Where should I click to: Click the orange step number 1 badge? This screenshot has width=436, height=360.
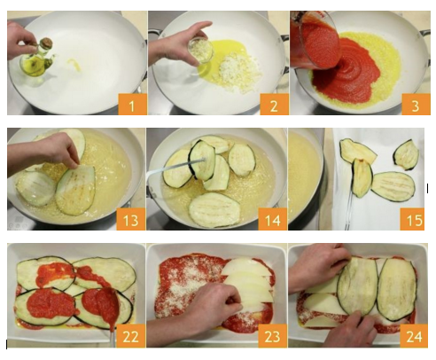132,105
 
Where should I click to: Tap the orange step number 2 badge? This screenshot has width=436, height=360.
274,105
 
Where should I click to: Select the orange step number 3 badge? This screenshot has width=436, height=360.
416,105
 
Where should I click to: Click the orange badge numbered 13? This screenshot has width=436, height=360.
131,219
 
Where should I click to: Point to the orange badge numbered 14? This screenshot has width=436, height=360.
272,219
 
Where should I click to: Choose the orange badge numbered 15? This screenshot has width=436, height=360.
412,219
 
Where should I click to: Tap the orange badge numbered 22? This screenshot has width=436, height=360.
130,335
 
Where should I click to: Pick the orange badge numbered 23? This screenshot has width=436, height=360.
272,335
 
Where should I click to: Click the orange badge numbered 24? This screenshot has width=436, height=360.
414,335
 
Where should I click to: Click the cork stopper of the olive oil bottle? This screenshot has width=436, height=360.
46,43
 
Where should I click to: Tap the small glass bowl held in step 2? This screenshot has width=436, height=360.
201,51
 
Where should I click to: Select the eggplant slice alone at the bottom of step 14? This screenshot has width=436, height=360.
214,209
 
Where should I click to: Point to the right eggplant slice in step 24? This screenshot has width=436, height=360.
396,289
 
